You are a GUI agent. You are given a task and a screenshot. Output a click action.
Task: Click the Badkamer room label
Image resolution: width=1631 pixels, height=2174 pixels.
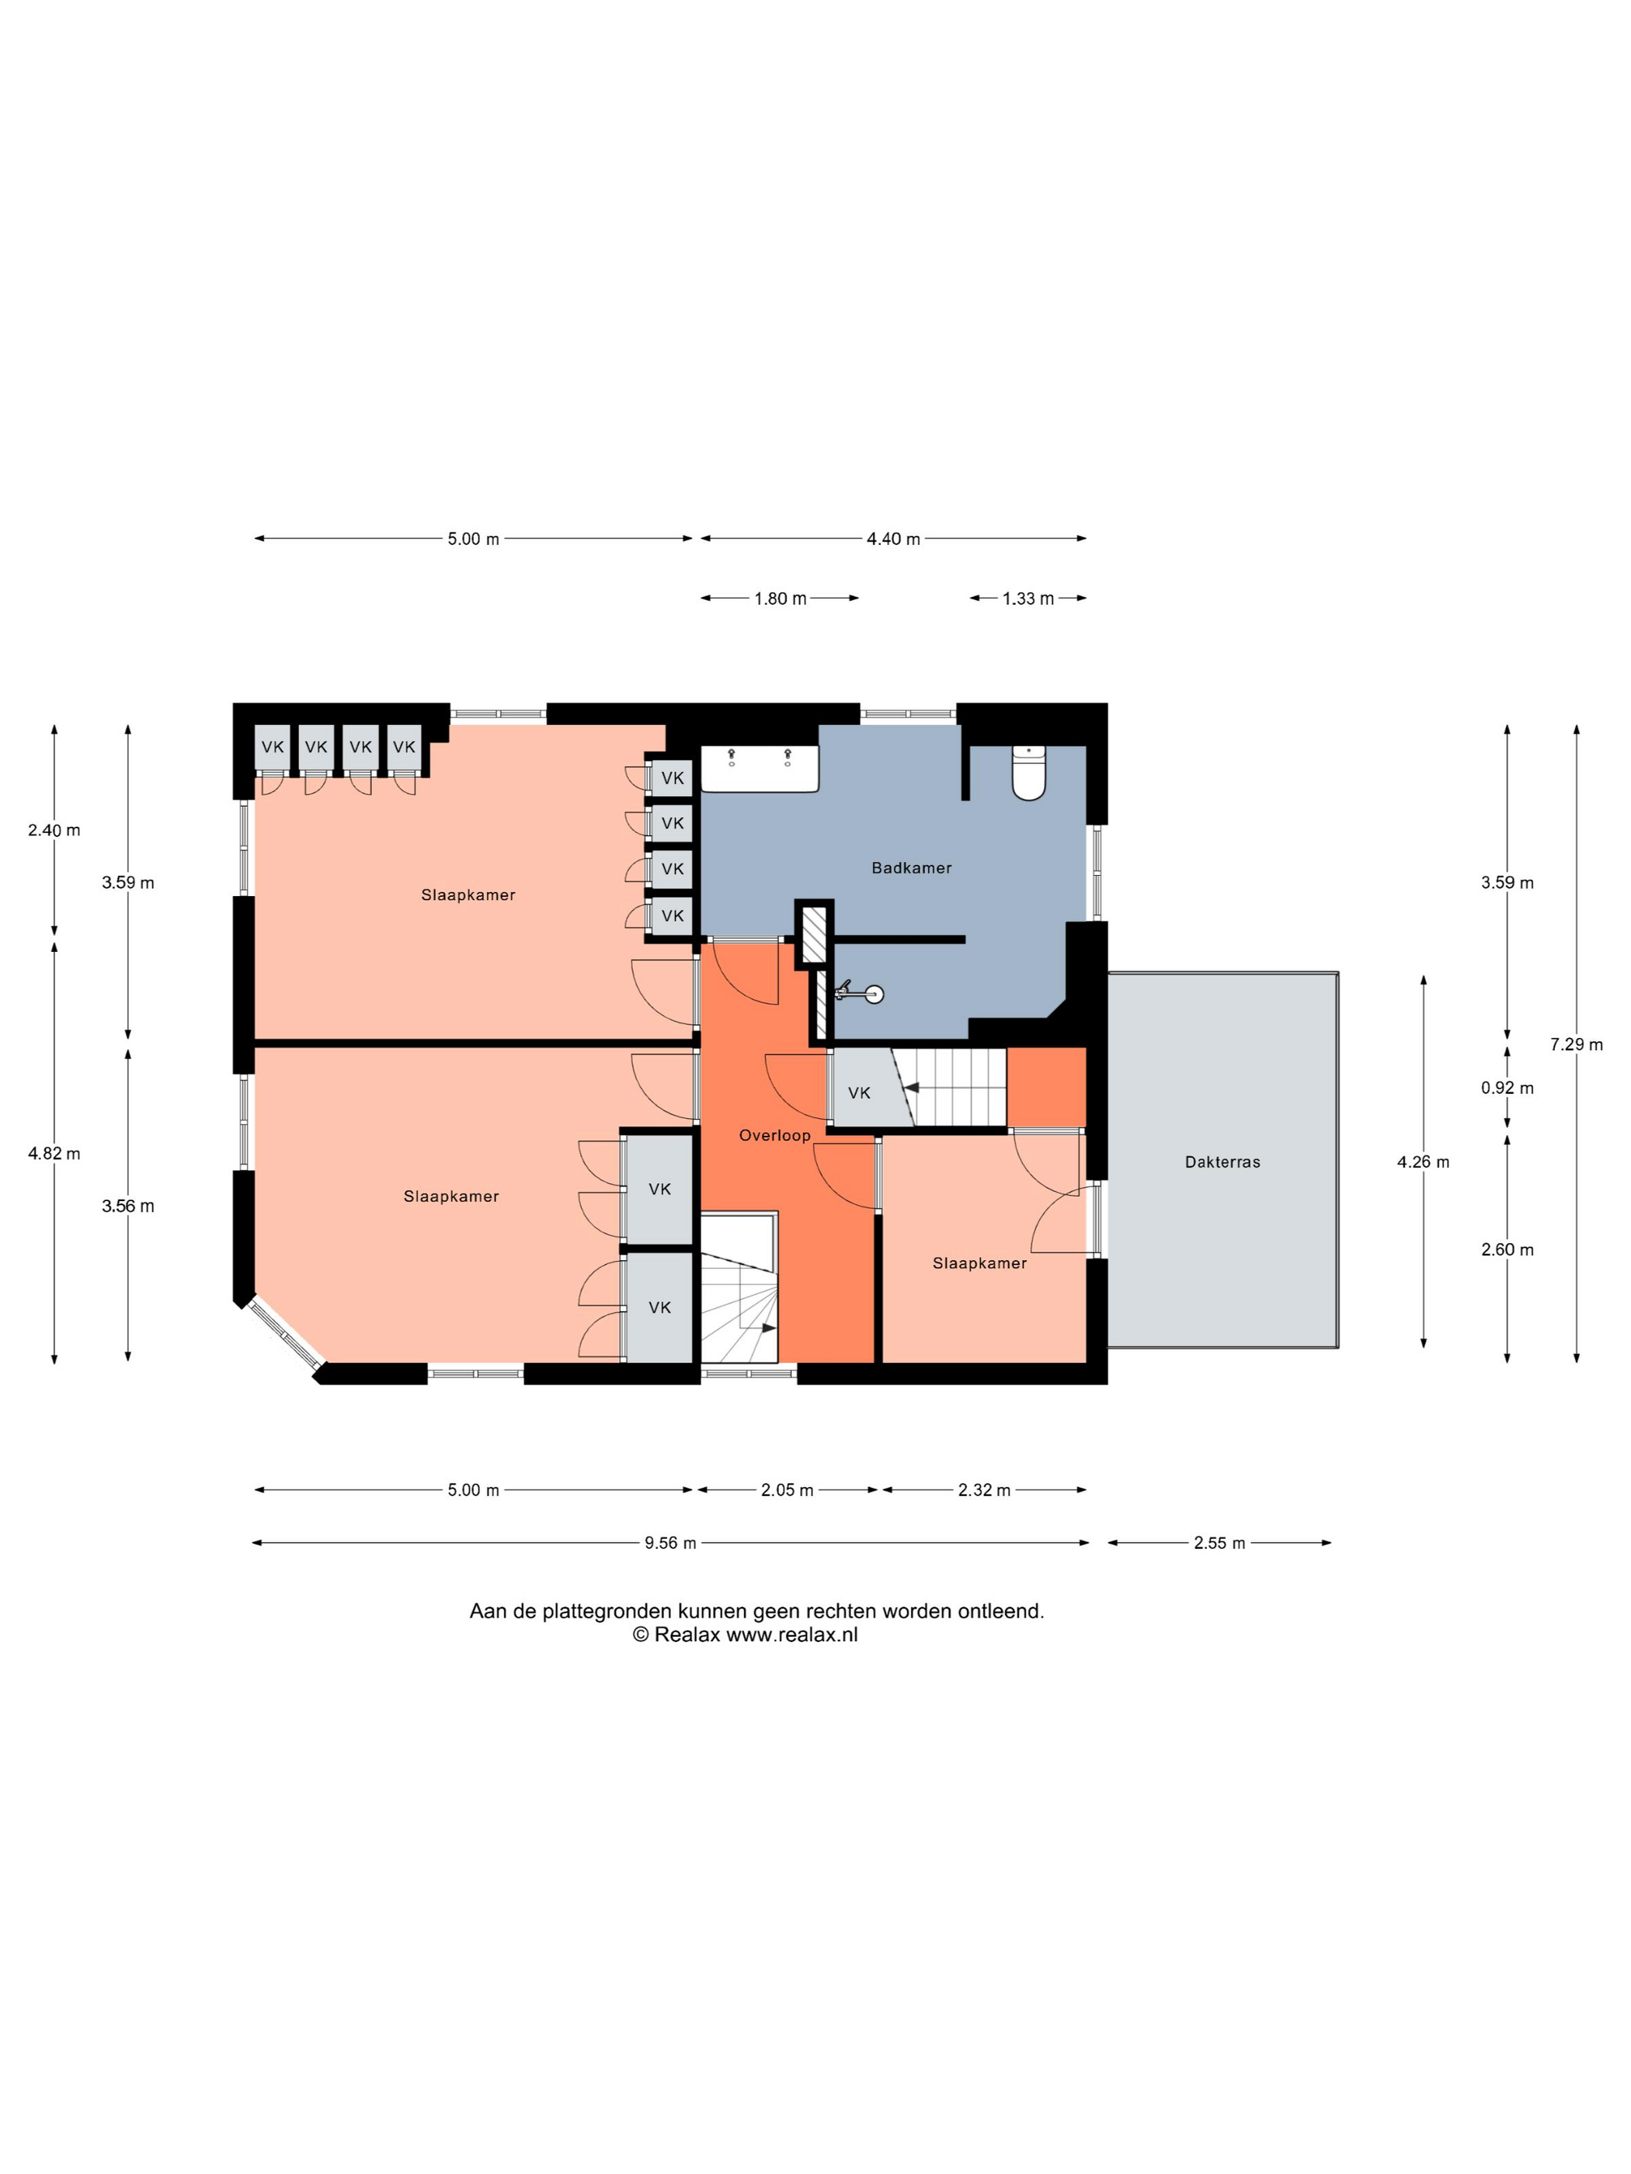click(911, 868)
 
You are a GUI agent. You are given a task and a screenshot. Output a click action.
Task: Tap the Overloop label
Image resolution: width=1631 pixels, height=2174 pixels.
click(774, 1135)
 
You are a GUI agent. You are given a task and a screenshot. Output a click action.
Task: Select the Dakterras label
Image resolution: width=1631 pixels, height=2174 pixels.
click(1222, 1162)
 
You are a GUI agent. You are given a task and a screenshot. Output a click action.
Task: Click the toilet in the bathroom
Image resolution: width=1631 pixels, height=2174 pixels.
click(1028, 773)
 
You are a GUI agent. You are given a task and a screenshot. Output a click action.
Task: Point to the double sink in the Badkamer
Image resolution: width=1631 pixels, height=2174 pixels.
click(759, 769)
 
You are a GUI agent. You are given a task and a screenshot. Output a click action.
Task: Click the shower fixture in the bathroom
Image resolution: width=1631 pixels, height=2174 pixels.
click(861, 992)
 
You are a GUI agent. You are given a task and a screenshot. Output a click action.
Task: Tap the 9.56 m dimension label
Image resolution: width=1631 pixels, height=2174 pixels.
click(670, 1543)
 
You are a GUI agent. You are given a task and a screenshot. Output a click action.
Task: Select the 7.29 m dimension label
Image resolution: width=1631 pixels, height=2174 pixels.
click(1576, 1045)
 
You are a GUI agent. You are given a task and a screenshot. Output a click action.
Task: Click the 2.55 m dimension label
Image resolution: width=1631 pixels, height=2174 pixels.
click(1219, 1543)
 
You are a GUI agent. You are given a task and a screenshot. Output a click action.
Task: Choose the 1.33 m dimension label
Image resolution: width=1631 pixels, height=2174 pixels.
click(1028, 599)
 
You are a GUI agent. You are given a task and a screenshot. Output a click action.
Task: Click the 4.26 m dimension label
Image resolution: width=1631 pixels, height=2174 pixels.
click(1423, 1162)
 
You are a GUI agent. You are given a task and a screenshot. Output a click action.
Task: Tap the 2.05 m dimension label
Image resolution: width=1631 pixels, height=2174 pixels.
click(788, 1490)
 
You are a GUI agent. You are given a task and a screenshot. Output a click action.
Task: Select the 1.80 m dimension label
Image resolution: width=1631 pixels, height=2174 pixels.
click(781, 599)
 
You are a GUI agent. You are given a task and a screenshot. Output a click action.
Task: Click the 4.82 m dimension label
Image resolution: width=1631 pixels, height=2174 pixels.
click(54, 1154)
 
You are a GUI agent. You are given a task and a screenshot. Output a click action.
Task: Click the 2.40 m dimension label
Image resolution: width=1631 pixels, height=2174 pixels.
click(54, 831)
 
